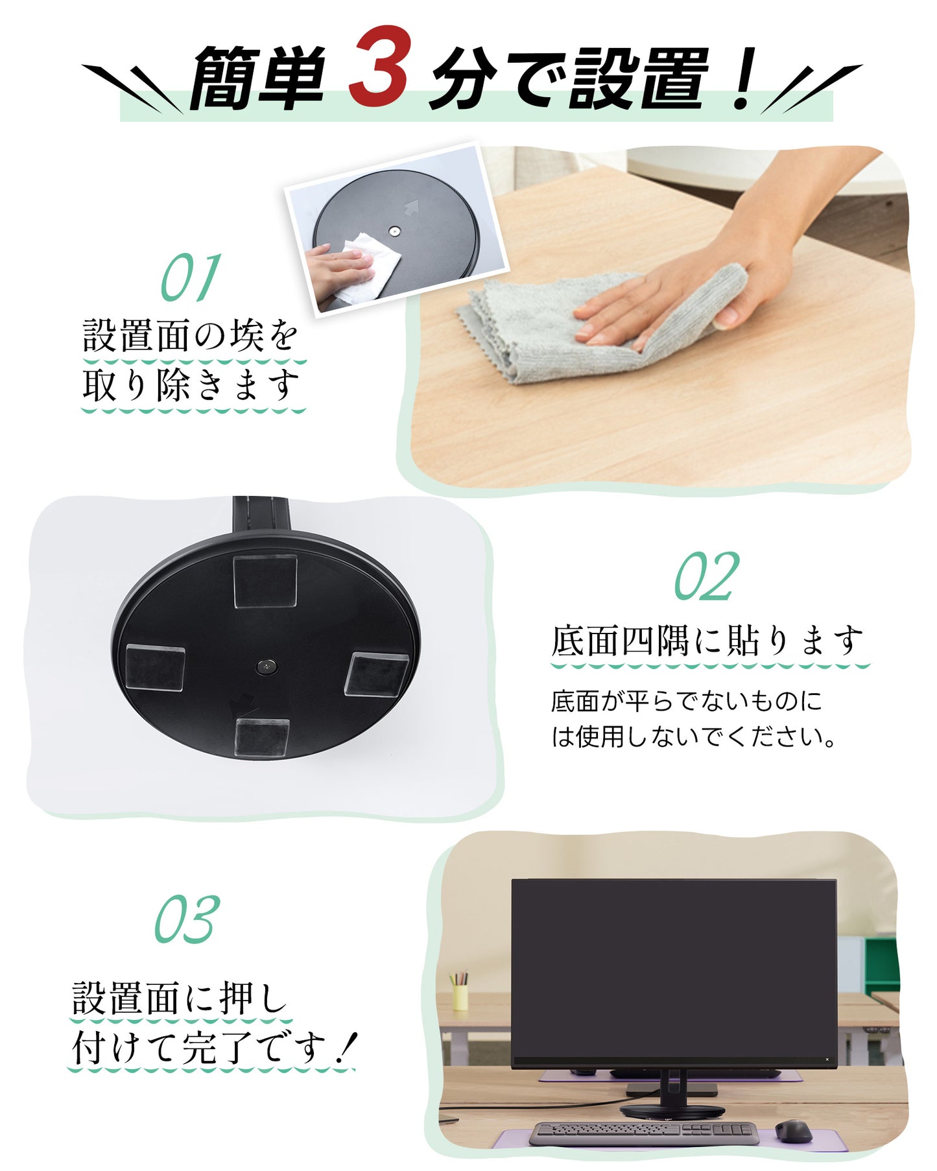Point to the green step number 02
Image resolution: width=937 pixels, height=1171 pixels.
[x=707, y=576]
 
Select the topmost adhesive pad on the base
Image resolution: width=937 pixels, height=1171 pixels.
[x=265, y=581]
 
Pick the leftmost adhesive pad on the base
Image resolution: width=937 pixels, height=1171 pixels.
[x=155, y=667]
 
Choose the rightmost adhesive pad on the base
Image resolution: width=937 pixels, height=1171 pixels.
[x=377, y=674]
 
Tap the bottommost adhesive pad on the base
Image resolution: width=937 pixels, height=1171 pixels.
[x=261, y=738]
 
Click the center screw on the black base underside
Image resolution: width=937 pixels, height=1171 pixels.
[x=265, y=666]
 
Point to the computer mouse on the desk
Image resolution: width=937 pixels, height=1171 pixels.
[x=794, y=1131]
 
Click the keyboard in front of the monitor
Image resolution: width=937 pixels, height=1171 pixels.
[x=644, y=1133]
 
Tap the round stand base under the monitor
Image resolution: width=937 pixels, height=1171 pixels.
[x=672, y=1111]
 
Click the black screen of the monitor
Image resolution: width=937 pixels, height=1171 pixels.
[x=674, y=968]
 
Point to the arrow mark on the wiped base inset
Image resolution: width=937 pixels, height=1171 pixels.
[x=411, y=207]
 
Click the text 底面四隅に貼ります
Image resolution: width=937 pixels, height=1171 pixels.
[x=707, y=641]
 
